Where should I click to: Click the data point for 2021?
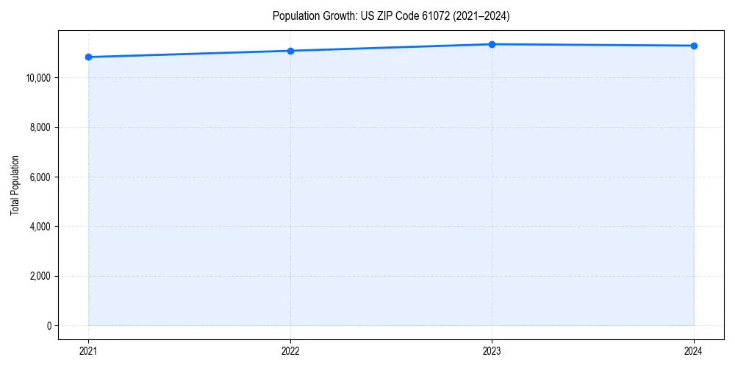88,57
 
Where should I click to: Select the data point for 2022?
290,51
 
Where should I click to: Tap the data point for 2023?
492,44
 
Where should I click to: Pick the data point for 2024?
694,46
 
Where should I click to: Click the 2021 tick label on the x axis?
88,351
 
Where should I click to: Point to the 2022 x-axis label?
290,351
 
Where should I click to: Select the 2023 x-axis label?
492,351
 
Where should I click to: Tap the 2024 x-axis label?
694,351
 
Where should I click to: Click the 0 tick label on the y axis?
49,326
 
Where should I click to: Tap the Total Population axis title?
15,185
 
